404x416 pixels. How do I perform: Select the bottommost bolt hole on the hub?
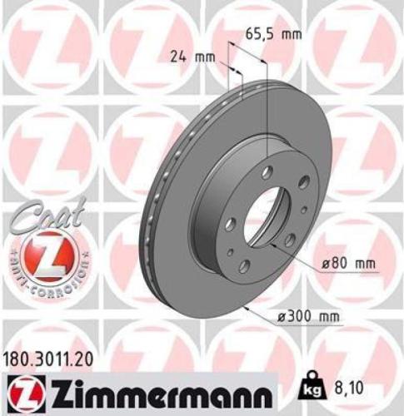click(244, 266)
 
